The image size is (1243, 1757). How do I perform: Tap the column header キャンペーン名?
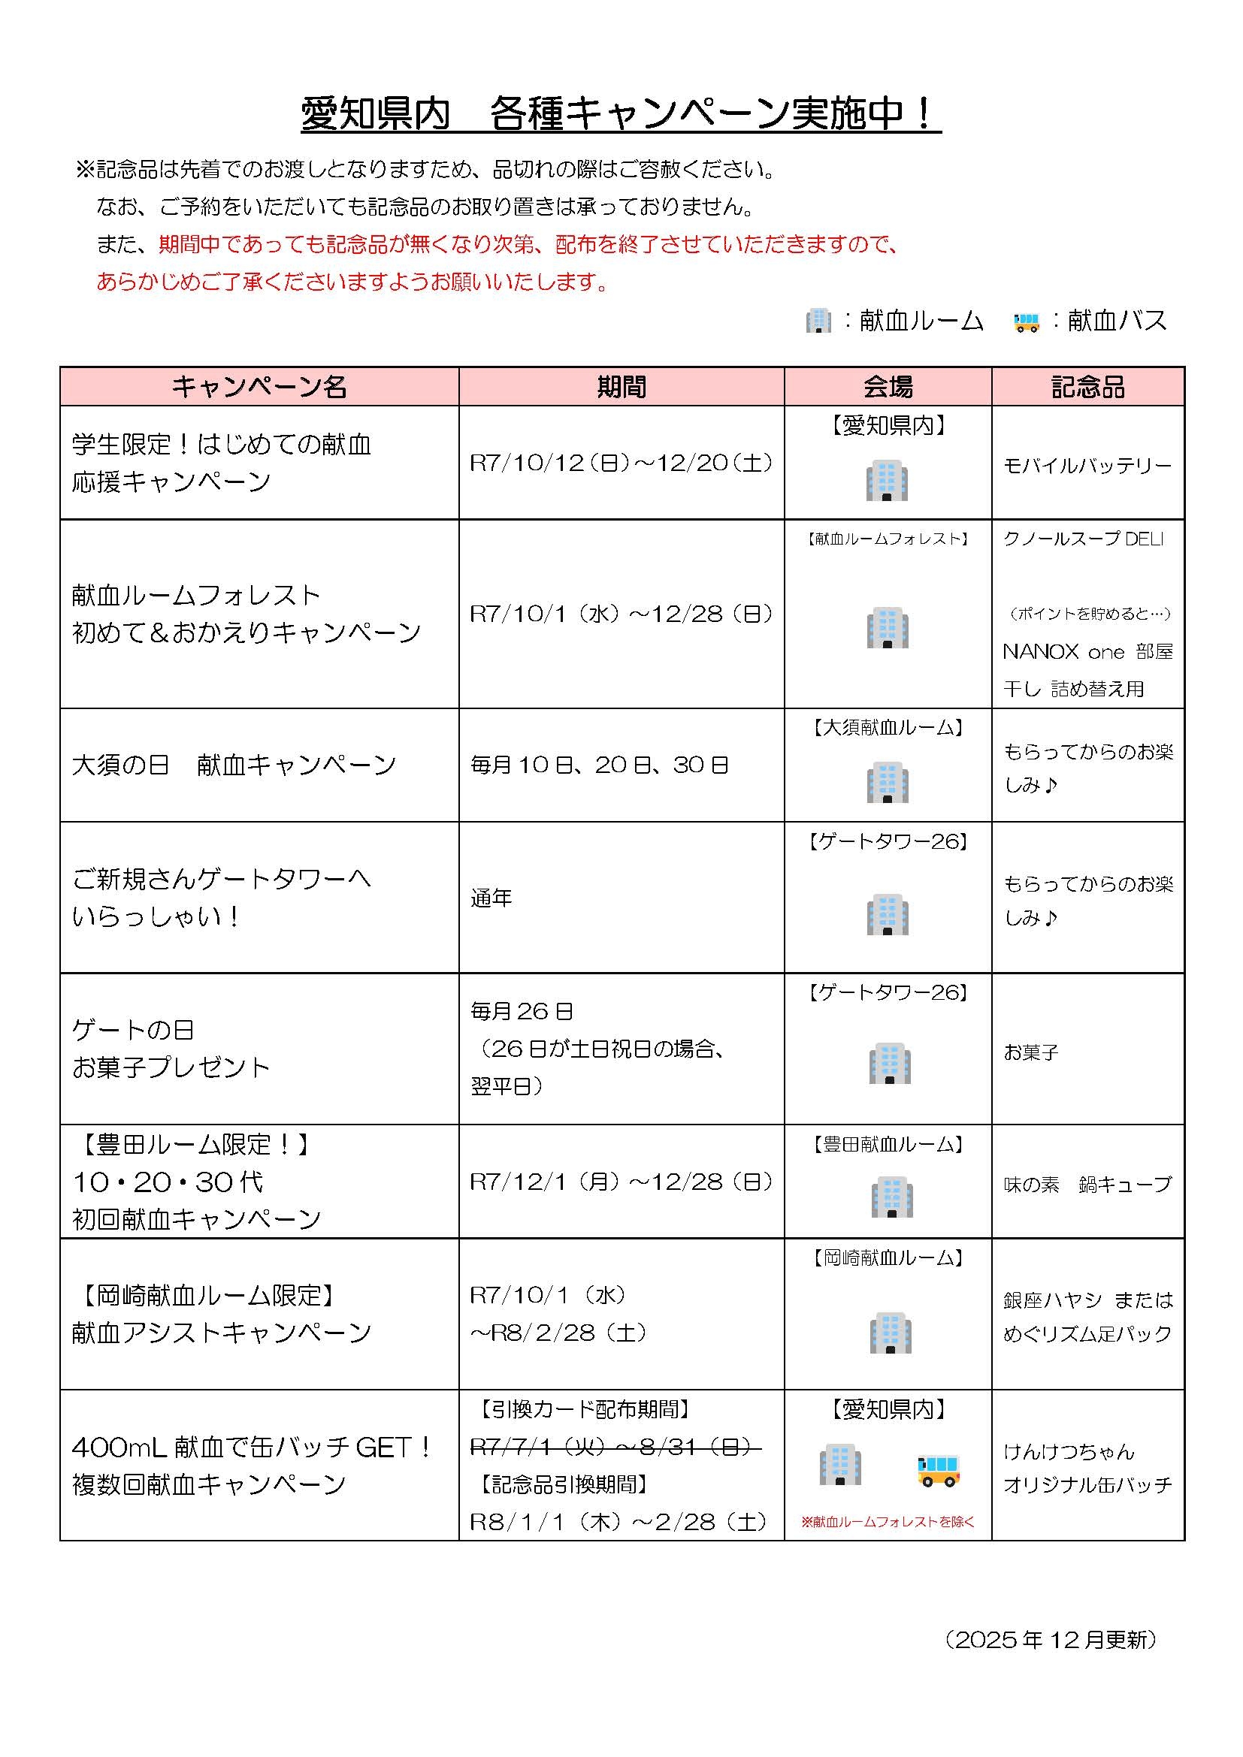(259, 387)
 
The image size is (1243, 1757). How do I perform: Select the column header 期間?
(621, 387)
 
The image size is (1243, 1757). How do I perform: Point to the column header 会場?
(888, 387)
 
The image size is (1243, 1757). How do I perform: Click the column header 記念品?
(1087, 387)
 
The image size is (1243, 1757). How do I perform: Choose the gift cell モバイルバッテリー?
(1087, 466)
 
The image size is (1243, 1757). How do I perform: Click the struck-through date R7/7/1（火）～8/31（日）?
(615, 1446)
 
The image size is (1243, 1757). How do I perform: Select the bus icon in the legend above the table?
(1027, 322)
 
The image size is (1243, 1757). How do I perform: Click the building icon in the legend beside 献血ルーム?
(818, 321)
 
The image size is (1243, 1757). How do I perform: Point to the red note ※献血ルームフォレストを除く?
(888, 1522)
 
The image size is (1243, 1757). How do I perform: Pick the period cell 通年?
(491, 898)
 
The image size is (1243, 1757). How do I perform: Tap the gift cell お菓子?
(1030, 1052)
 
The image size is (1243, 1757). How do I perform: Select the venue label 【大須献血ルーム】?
(888, 728)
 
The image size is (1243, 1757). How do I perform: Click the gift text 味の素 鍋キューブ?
(1087, 1185)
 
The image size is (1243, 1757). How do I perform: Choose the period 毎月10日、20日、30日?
(599, 765)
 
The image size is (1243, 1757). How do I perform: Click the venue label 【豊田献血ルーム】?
(888, 1145)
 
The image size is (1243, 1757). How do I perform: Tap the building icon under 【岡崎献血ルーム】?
(890, 1333)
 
